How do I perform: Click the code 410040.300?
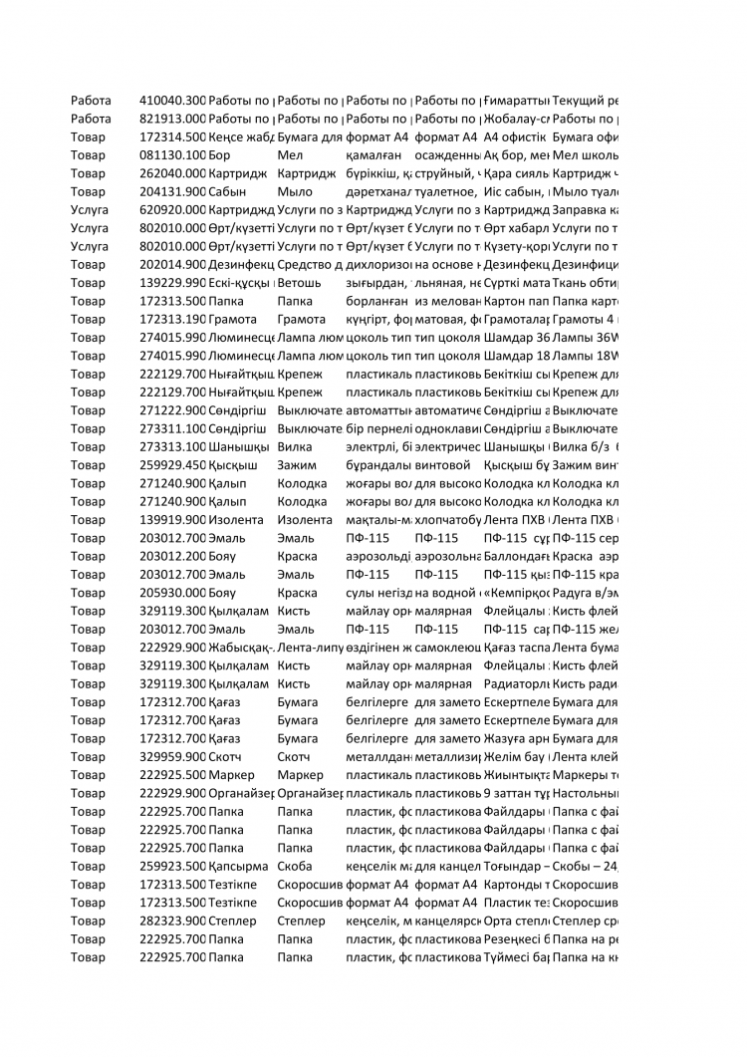[172, 101]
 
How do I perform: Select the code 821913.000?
[172, 119]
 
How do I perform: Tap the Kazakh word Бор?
[219, 155]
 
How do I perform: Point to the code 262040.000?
[172, 173]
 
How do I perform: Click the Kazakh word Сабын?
[226, 191]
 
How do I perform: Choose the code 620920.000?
[172, 210]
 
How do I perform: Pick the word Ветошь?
[297, 283]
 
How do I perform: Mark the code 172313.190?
[172, 319]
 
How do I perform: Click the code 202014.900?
[172, 265]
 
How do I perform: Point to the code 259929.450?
[172, 465]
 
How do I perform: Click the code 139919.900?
[172, 520]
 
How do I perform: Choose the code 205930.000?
[172, 593]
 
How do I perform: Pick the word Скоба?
[295, 867]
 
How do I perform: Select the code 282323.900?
[172, 922]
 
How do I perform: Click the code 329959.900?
[172, 757]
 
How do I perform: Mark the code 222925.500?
[172, 775]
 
